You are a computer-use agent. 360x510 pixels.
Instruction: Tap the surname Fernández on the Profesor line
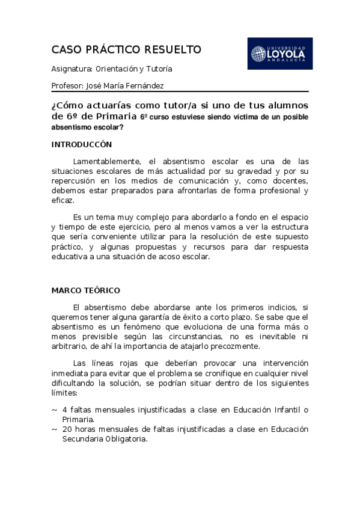click(144, 86)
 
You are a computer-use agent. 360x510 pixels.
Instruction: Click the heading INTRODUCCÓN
click(82, 145)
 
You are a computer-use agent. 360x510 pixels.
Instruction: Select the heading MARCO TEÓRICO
click(85, 290)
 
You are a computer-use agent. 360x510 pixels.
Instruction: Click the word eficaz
click(62, 200)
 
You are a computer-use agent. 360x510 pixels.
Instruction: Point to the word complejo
click(156, 217)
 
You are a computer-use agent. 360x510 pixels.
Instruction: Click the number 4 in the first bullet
click(64, 410)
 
